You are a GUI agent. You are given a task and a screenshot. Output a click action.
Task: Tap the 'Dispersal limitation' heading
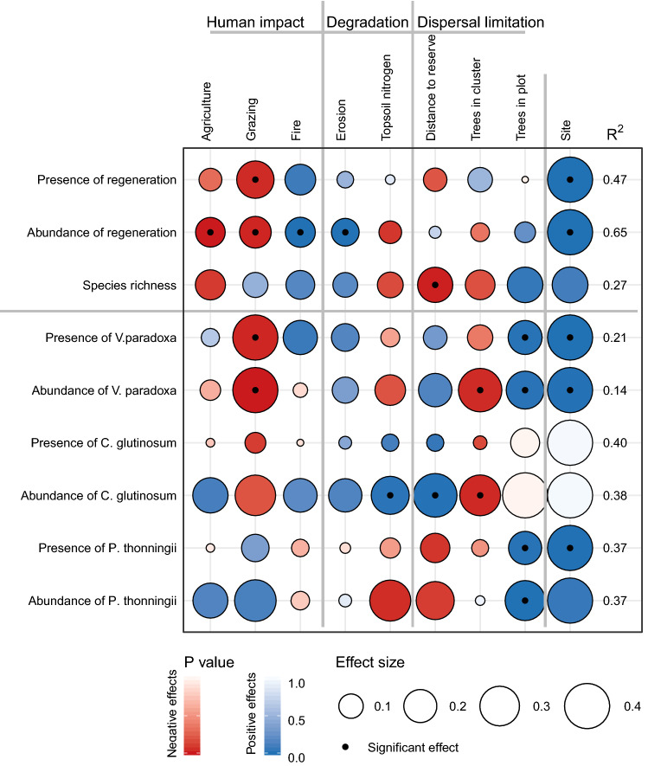coord(480,23)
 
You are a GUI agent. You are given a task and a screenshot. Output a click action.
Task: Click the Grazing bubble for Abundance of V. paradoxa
coord(254,389)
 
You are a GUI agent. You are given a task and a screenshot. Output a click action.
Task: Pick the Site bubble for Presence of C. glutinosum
coord(569,442)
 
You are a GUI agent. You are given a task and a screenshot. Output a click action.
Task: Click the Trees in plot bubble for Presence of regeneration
coord(524,180)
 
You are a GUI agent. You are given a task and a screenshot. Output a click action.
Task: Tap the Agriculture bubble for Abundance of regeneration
coord(210,232)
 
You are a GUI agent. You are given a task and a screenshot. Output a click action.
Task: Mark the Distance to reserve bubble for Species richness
coord(435,285)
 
